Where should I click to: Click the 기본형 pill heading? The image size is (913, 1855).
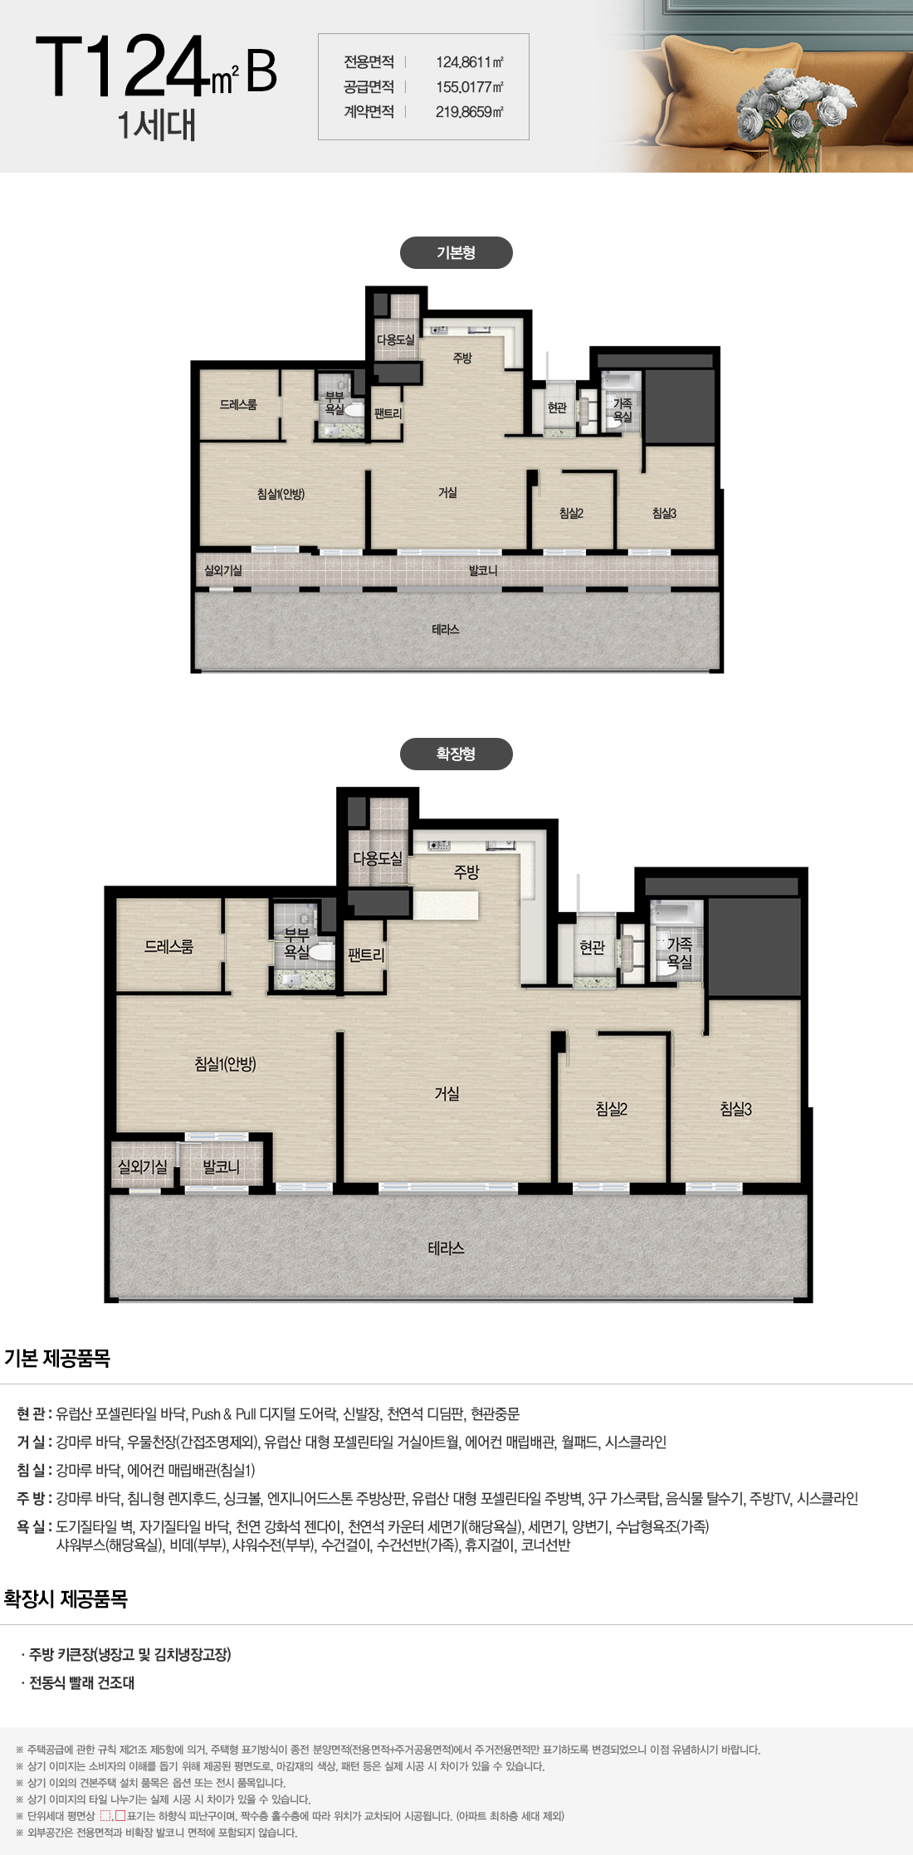[456, 252]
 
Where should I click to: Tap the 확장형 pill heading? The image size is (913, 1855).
[456, 754]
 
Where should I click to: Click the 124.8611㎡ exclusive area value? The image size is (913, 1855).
[470, 62]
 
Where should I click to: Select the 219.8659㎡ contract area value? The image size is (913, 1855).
[470, 112]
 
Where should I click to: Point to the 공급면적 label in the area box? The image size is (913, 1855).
[369, 87]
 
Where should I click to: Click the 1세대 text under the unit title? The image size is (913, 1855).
[156, 125]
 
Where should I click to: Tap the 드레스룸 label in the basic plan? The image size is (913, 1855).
[238, 404]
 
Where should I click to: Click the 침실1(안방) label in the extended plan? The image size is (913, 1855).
[225, 1063]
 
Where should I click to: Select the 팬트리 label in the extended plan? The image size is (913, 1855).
[365, 955]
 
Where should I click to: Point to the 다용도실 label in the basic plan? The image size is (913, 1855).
[396, 339]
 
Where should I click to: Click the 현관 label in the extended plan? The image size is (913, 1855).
[593, 948]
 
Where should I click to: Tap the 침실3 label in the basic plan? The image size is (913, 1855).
[664, 513]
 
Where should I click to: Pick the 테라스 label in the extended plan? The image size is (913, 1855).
[446, 1247]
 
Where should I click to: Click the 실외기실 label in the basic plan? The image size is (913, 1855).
[223, 571]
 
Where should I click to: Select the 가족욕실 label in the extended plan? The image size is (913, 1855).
[680, 953]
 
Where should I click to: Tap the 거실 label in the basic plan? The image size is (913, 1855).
[447, 492]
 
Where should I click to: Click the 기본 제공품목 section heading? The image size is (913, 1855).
[57, 1359]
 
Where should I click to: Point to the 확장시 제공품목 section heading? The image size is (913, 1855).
[66, 1599]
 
